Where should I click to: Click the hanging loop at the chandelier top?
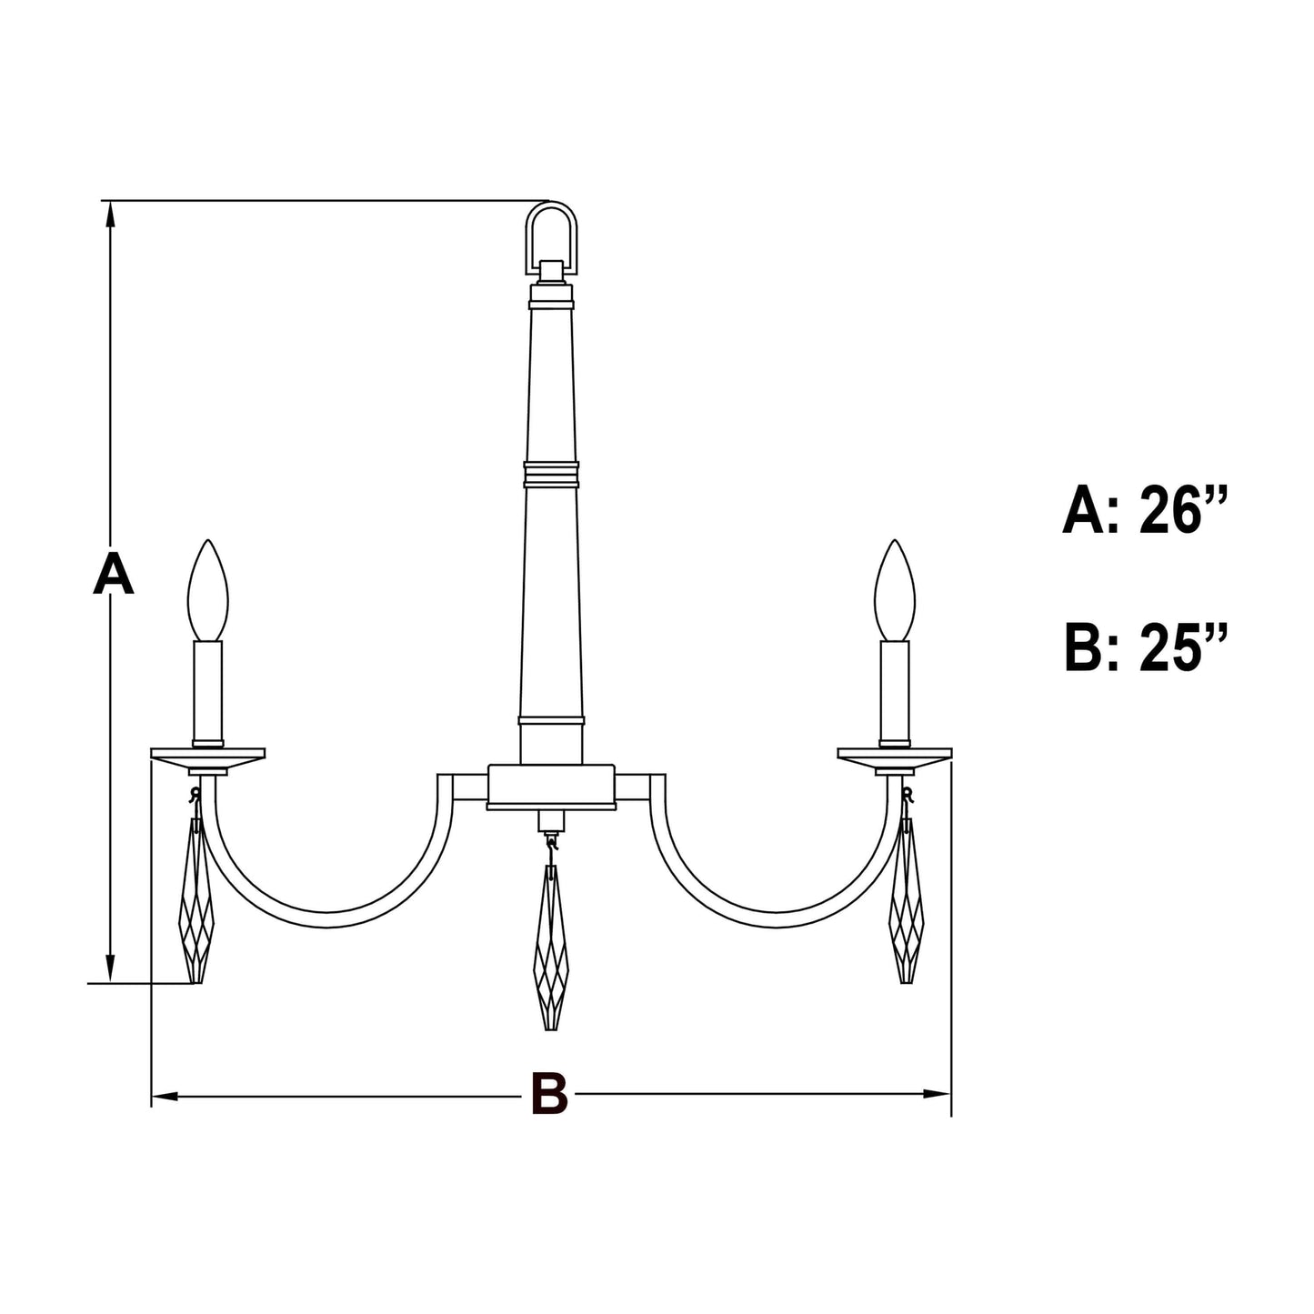551,235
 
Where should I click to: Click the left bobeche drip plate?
207,757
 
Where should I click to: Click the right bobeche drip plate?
895,757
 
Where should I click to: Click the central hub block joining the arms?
551,786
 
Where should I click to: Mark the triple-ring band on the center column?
551,474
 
